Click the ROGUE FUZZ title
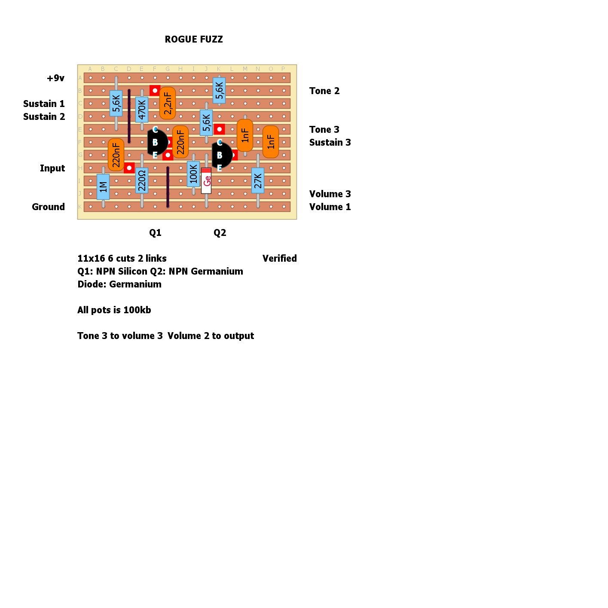194,40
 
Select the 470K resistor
142,110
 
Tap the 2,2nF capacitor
168,103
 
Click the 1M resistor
103,187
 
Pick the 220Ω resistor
142,180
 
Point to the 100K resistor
193,174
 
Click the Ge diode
206,180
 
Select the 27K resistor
258,180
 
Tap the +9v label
55,78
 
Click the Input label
52,168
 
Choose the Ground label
48,207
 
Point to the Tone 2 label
324,91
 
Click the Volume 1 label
330,207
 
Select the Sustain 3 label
330,142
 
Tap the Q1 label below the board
155,233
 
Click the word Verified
280,258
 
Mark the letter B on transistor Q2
220,155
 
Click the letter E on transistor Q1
155,155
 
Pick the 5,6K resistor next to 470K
116,103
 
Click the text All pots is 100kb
114,310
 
